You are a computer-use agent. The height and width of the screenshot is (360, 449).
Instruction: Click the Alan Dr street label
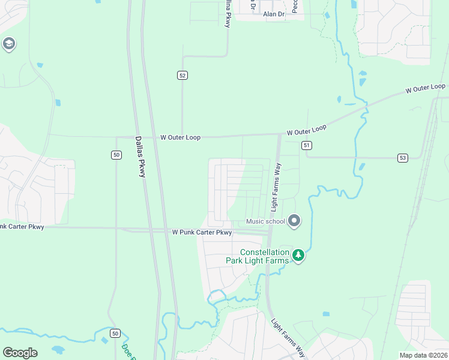(273, 14)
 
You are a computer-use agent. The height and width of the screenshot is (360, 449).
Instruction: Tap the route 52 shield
(182, 75)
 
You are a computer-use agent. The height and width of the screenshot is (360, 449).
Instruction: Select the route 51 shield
(307, 145)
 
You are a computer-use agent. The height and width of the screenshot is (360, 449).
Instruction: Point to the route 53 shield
(402, 158)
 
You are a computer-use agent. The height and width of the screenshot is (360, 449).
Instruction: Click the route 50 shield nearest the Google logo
(115, 333)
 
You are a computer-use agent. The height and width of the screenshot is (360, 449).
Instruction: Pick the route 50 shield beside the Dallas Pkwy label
(116, 155)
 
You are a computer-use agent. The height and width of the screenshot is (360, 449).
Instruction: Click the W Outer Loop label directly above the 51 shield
(307, 130)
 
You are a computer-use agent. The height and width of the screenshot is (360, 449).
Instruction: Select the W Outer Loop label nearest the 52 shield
(180, 137)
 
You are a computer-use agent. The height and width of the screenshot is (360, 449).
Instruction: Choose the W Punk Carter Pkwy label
(202, 232)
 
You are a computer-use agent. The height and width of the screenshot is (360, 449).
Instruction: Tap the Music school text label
(265, 221)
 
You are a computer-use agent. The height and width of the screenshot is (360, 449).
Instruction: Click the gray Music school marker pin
(294, 221)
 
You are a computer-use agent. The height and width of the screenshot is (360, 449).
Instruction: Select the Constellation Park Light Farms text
(264, 256)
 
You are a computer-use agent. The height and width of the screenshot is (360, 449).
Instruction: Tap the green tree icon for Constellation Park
(298, 256)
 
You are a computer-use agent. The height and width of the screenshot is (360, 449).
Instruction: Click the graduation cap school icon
(8, 44)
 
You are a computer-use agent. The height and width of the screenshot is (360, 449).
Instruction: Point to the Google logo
(20, 353)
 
